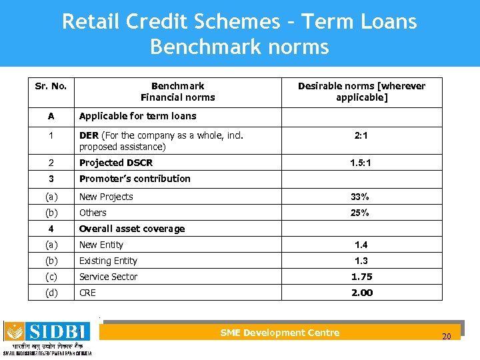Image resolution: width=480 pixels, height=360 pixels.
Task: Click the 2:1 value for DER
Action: tap(361, 135)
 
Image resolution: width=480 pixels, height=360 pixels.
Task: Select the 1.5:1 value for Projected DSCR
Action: tap(361, 163)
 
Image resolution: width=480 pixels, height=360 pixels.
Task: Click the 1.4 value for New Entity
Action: tap(361, 245)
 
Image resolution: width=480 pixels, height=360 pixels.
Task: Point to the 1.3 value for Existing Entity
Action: tap(361, 261)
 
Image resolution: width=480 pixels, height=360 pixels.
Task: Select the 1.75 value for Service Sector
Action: tap(361, 277)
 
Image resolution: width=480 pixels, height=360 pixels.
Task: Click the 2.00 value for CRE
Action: tap(361, 293)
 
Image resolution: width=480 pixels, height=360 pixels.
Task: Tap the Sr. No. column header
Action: tap(51, 86)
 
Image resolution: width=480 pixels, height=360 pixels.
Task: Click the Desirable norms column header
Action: tap(361, 91)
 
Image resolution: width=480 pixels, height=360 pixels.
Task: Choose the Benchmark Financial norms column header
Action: tap(178, 91)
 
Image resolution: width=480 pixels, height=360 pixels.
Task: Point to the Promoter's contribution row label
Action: tap(135, 179)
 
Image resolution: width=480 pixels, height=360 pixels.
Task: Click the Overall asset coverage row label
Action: tap(132, 229)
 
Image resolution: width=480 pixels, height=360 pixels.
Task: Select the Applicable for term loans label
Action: tap(137, 116)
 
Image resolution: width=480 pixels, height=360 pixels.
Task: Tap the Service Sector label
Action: tap(108, 277)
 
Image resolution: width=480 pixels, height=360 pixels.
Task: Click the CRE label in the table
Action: tap(87, 293)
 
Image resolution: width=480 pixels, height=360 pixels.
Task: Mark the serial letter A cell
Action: tap(51, 116)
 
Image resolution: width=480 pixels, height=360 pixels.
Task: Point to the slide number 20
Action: tap(447, 336)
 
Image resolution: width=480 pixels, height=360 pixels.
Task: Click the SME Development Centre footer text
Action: tap(279, 333)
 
